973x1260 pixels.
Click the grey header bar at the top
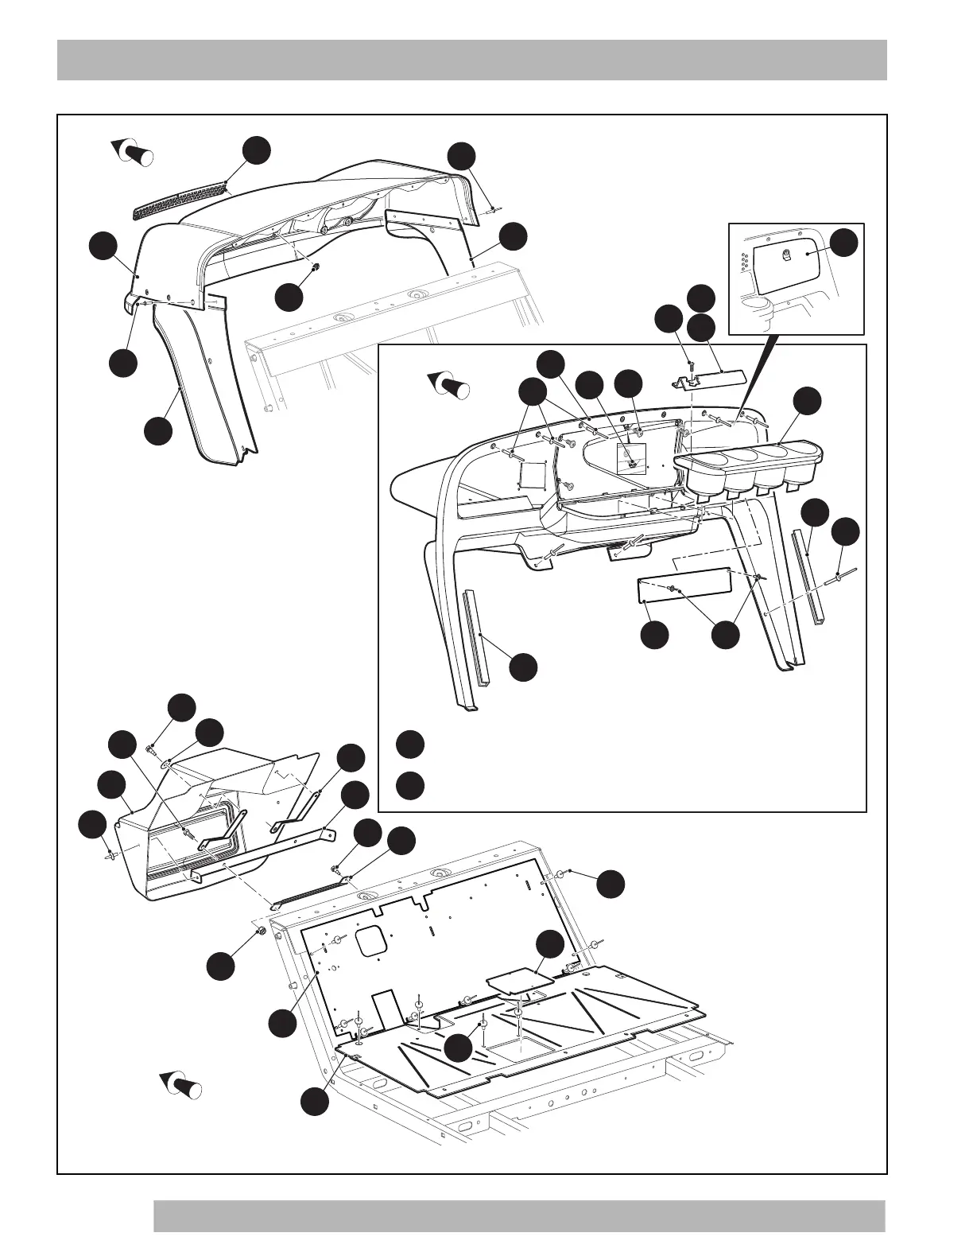(x=471, y=61)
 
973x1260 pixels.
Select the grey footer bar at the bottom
(x=518, y=1215)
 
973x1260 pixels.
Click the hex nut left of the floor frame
(x=260, y=931)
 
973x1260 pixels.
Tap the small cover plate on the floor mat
(x=518, y=979)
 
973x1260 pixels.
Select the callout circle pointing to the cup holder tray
(x=809, y=400)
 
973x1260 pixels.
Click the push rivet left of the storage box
(x=110, y=856)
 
